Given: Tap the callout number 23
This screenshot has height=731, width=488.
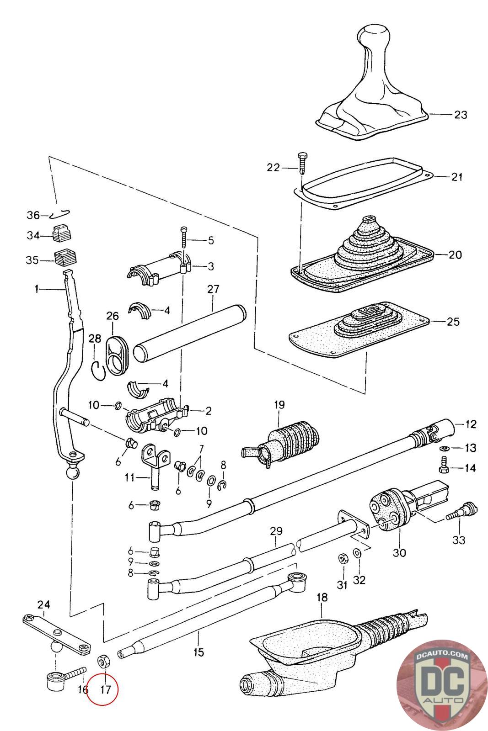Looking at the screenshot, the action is click(461, 115).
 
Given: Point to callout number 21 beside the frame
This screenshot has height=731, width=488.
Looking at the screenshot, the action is click(456, 177).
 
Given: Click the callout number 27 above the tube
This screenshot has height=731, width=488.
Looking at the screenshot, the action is click(213, 289).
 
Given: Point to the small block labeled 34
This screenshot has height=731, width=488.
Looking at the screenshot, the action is click(62, 233).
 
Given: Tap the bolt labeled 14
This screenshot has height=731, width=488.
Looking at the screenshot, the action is click(444, 466).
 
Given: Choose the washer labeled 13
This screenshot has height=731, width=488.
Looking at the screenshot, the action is click(445, 448).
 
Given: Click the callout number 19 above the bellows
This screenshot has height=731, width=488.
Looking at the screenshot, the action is click(279, 405).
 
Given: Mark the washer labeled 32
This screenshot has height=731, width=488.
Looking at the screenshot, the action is click(357, 553).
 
